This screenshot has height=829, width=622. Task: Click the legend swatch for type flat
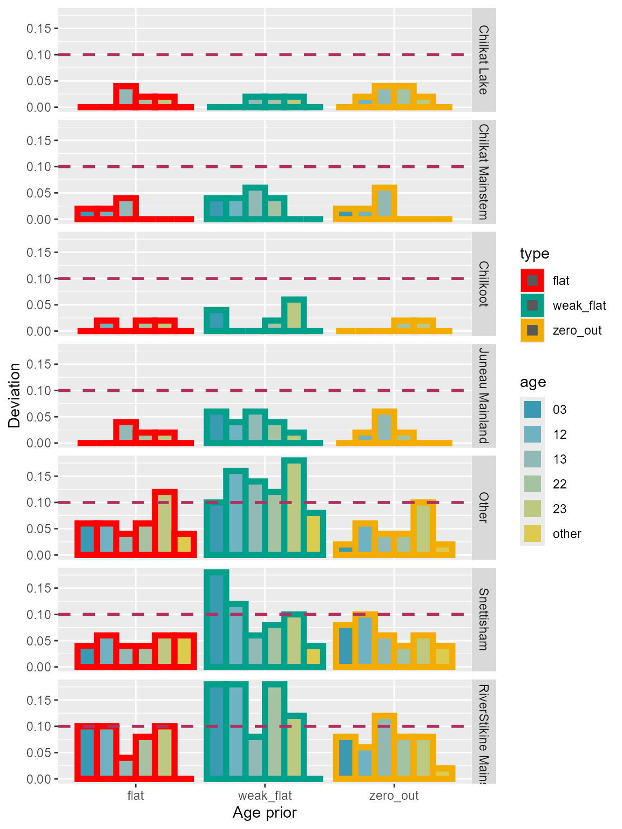coord(532,281)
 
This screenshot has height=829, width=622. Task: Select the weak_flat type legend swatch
coord(532,305)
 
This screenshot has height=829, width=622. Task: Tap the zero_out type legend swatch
coord(532,330)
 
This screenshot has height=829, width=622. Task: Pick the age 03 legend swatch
coord(532,410)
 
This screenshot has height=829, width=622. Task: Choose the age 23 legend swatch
coord(532,509)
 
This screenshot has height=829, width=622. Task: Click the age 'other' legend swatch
coord(532,534)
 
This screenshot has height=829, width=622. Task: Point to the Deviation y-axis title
coord(15,395)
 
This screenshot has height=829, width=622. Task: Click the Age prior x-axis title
coord(265,813)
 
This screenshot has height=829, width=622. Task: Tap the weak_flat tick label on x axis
coord(265,796)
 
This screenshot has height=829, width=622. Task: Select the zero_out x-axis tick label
coord(394,796)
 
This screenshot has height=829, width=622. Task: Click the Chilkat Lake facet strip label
coord(484,60)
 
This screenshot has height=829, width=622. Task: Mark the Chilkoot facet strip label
coord(484,284)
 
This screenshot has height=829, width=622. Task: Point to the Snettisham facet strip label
coord(484,620)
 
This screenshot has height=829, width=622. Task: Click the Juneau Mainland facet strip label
coord(484,396)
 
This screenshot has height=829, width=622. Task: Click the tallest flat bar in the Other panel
coord(165,523)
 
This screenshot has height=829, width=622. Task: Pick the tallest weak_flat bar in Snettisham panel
coord(217,620)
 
